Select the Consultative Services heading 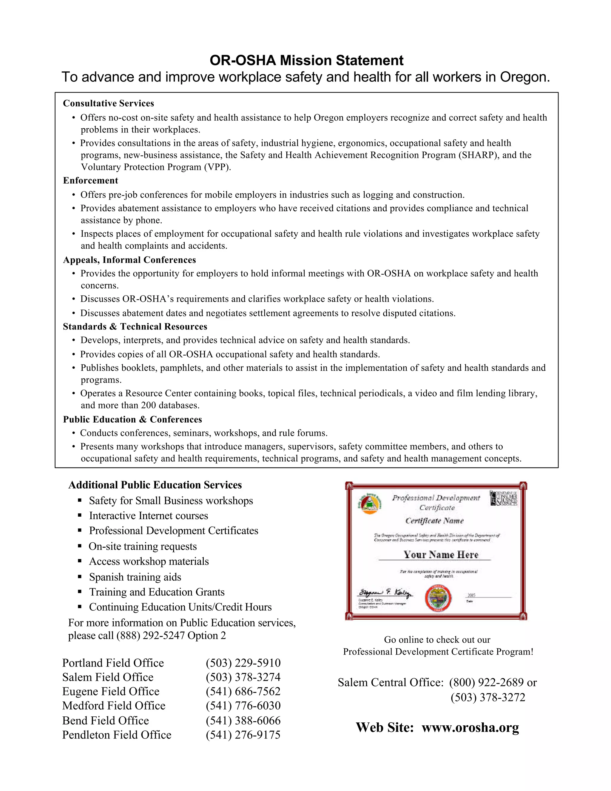click(x=108, y=103)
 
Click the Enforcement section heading click(x=90, y=180)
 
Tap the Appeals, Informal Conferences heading click(x=129, y=260)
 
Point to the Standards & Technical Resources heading click(x=135, y=326)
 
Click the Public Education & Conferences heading click(x=132, y=419)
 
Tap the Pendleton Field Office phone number click(x=243, y=735)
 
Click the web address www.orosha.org click(x=470, y=727)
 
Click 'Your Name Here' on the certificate click(x=441, y=555)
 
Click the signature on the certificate click(x=385, y=593)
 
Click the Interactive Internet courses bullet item click(x=148, y=515)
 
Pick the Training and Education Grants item click(x=157, y=592)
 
